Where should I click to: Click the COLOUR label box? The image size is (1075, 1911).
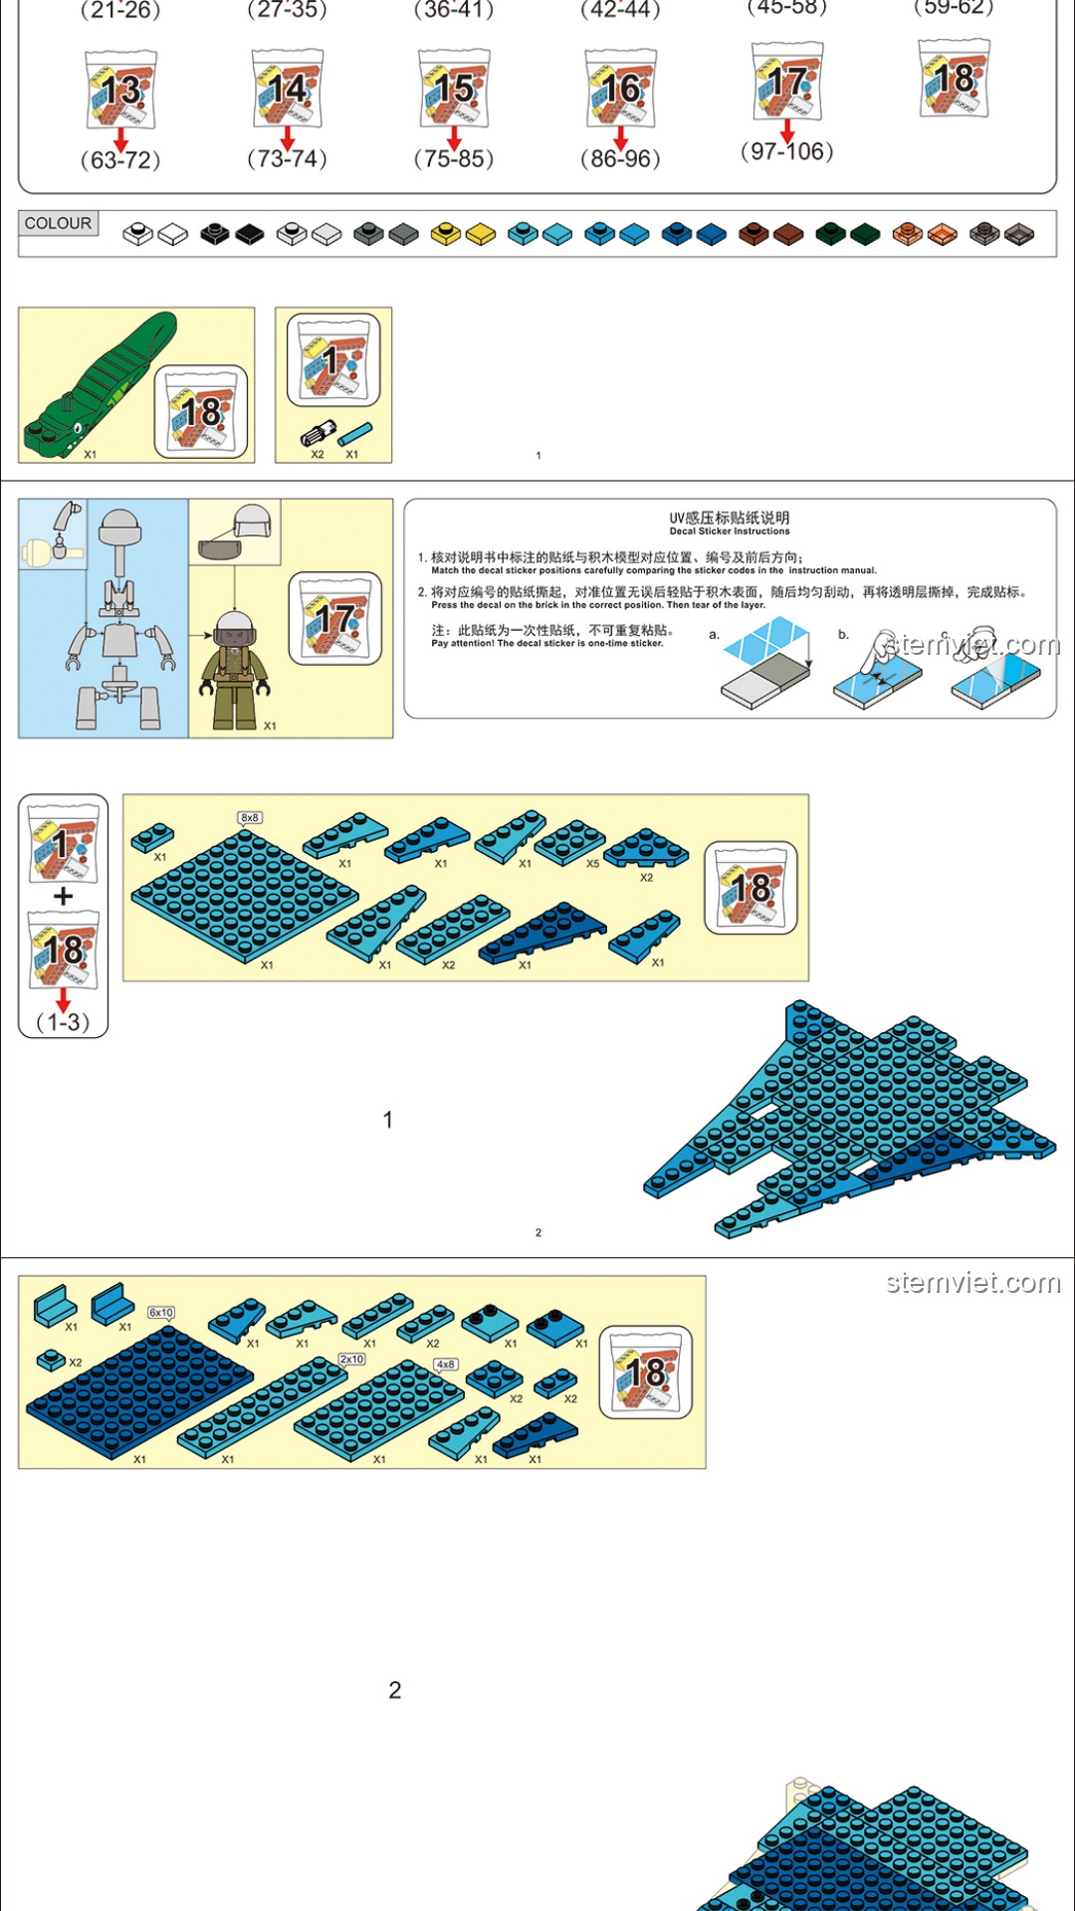click(58, 223)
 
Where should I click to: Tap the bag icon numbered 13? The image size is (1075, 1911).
click(120, 90)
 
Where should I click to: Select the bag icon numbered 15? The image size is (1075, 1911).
click(454, 89)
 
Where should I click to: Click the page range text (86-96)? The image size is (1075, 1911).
click(620, 158)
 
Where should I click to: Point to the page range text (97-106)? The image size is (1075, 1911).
click(786, 151)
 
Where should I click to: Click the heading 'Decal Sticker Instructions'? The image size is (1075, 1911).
click(730, 531)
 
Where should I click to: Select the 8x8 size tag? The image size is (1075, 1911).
click(249, 818)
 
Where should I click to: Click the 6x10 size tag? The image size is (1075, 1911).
click(161, 1313)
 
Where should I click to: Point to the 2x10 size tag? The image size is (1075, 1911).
click(352, 1359)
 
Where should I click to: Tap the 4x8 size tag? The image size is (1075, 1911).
click(446, 1365)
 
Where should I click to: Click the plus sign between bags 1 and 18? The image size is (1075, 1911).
click(63, 896)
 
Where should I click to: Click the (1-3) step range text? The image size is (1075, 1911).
click(63, 1022)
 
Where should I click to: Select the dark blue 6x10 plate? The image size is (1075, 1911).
click(139, 1393)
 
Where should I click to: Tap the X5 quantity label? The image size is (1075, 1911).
click(593, 864)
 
